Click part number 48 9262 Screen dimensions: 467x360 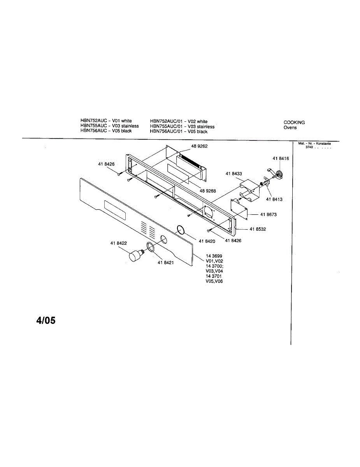[x=199, y=146]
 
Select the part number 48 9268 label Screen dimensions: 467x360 [x=208, y=191]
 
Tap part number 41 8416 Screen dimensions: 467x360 [x=281, y=159]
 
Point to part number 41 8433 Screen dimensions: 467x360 [x=234, y=174]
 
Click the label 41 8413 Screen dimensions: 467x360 [x=274, y=199]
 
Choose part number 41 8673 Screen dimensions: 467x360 [x=269, y=214]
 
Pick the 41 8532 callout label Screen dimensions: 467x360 [x=258, y=229]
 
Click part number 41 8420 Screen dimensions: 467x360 [x=207, y=241]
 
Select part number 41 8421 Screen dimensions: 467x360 [x=165, y=263]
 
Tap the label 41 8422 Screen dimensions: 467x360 [x=118, y=243]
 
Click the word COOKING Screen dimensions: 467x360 [x=294, y=122]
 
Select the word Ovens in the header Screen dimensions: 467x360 [x=290, y=128]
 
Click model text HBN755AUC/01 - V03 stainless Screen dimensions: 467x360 [x=182, y=126]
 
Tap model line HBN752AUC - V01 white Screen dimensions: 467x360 [x=106, y=121]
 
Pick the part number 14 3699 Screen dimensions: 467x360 [x=214, y=256]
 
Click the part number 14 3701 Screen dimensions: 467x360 [x=214, y=276]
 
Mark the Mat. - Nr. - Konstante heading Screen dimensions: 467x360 [x=314, y=144]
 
